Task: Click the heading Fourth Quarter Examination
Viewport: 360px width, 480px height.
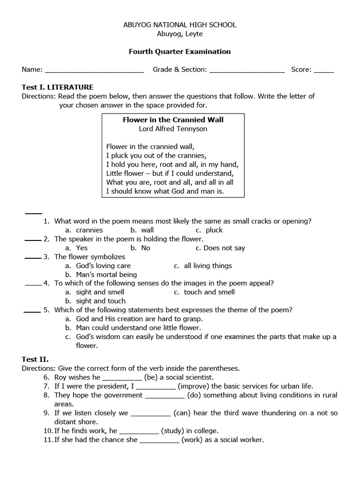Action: [x=180, y=52]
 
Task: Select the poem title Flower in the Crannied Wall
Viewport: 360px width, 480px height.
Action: [x=173, y=120]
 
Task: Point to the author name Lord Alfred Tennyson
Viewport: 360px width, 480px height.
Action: [x=173, y=128]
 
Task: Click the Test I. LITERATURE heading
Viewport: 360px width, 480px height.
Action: [x=58, y=87]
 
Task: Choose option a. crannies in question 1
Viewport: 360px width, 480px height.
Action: [x=84, y=230]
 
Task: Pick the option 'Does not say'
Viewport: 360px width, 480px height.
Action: [x=220, y=248]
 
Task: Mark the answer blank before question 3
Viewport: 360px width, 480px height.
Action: [x=33, y=257]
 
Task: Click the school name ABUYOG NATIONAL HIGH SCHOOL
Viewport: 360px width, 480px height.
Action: [x=180, y=25]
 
